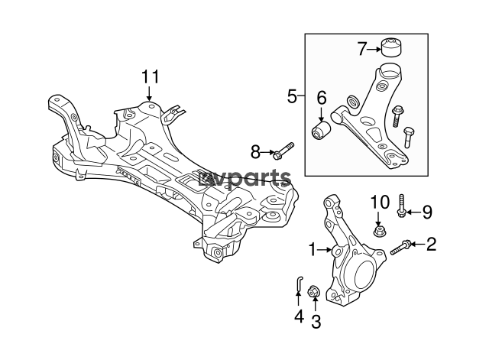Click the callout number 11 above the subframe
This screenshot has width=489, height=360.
(x=151, y=76)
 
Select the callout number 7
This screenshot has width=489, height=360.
(x=361, y=49)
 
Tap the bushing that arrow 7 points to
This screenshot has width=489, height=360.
(x=392, y=47)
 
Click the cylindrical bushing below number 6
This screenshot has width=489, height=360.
(x=321, y=131)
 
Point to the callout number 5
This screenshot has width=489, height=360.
(x=292, y=96)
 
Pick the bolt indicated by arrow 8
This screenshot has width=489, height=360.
(x=283, y=151)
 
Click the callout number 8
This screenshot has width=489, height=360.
(x=255, y=152)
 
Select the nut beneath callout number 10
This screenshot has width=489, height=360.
(x=378, y=231)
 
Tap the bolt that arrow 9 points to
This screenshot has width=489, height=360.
(x=401, y=206)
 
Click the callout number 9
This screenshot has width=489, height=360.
(x=427, y=212)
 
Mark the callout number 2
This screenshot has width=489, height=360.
(x=431, y=244)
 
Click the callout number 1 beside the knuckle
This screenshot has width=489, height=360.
(x=313, y=250)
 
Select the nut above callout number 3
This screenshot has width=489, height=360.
(x=313, y=292)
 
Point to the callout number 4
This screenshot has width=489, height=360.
(x=299, y=316)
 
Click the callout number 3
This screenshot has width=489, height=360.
(x=316, y=322)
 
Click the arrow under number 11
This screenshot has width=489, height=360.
(x=150, y=93)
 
